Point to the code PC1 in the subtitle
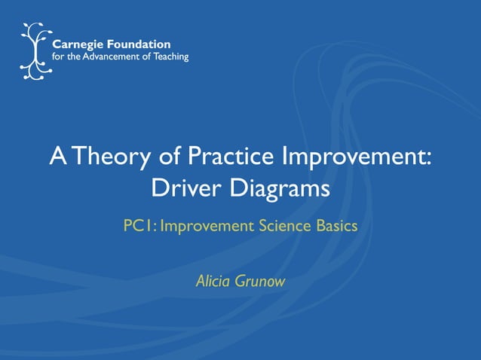[138, 225]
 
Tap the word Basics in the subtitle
[336, 225]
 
